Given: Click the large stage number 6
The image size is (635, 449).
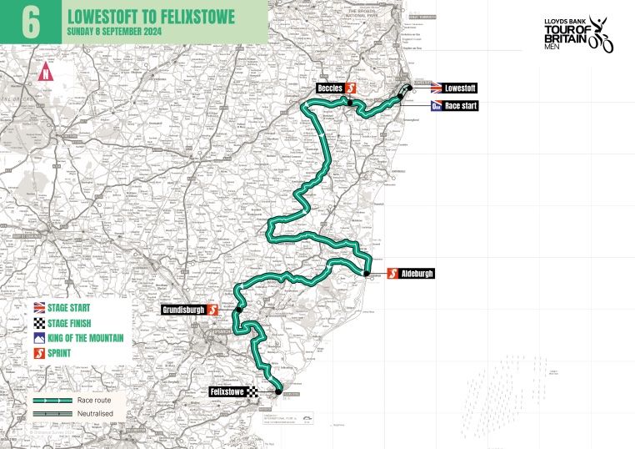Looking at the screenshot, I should click(x=31, y=21).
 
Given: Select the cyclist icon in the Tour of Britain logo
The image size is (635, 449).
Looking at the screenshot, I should click(x=600, y=35).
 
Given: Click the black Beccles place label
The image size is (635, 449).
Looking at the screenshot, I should click(x=330, y=88).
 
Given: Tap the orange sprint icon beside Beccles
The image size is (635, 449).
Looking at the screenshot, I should click(x=352, y=88).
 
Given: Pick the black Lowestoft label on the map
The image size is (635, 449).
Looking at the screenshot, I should click(x=461, y=88).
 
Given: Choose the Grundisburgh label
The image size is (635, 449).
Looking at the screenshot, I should click(x=183, y=309).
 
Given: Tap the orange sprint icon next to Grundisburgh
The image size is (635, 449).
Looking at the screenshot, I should click(x=212, y=309).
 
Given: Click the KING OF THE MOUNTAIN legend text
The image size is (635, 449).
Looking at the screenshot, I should click(x=87, y=338).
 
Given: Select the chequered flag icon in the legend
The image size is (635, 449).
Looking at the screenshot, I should click(x=40, y=322).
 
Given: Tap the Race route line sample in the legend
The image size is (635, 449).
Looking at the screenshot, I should click(x=52, y=401).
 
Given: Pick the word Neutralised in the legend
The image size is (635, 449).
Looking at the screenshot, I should click(x=95, y=413).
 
